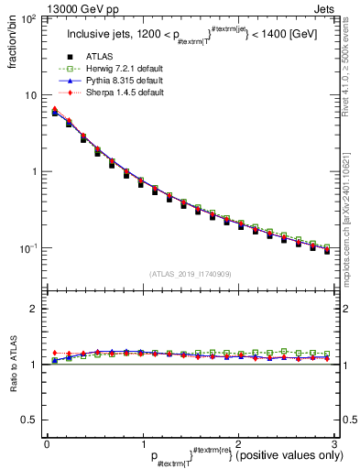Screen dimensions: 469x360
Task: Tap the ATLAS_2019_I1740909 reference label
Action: coord(191,273)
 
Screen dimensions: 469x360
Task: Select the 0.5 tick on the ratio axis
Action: coord(30,420)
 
